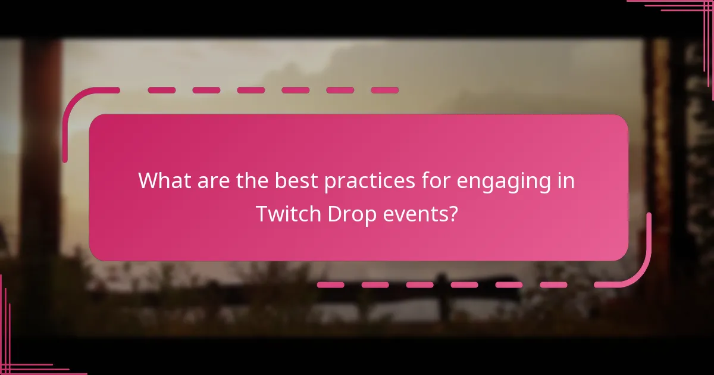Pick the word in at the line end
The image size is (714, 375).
pos(566,180)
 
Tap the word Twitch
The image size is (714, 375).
pos(289,214)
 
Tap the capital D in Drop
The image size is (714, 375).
pos(334,214)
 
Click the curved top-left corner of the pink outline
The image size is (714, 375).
pos(74,101)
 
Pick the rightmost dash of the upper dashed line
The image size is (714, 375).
pos(384,90)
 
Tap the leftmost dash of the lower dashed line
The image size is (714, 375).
pos(331,285)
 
